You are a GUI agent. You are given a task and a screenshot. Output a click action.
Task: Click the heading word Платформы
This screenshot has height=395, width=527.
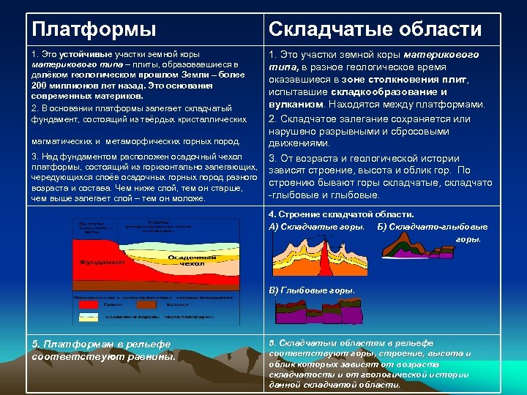[94, 29]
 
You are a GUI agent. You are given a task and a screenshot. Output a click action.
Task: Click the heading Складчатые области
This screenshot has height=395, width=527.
[375, 29]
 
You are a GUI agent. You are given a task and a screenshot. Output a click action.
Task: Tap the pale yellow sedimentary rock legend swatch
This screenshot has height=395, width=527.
[88, 316]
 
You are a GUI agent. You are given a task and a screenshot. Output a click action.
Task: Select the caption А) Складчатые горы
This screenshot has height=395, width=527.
[317, 227]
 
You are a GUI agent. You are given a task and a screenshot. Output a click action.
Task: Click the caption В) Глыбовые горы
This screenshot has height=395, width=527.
[312, 290]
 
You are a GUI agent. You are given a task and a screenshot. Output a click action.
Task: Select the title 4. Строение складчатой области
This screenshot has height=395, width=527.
[341, 215]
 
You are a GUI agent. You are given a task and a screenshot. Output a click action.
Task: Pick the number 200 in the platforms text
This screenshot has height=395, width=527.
[41, 86]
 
